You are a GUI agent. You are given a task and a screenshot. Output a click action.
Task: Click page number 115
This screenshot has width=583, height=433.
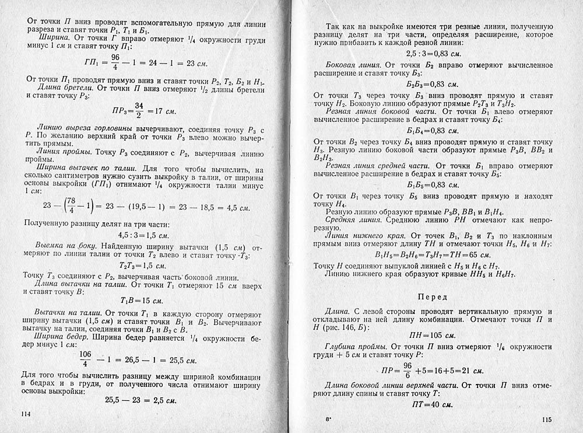[x=546, y=419]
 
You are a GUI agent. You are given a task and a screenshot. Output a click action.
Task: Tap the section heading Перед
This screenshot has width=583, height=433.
[x=432, y=297]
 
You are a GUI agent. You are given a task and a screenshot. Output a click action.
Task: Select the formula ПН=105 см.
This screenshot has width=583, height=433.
[x=431, y=336]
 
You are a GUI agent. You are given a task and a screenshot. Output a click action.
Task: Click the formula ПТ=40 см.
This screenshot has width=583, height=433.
[x=432, y=404]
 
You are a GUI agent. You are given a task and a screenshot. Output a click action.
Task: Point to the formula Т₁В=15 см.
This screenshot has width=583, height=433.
[x=143, y=301]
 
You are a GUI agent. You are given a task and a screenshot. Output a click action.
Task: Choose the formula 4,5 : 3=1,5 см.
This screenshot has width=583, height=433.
[x=143, y=236]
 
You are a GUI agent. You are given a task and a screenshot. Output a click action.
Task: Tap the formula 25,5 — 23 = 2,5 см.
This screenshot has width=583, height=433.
[x=142, y=400]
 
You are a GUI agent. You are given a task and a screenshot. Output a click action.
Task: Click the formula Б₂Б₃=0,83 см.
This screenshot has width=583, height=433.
[x=431, y=83]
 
